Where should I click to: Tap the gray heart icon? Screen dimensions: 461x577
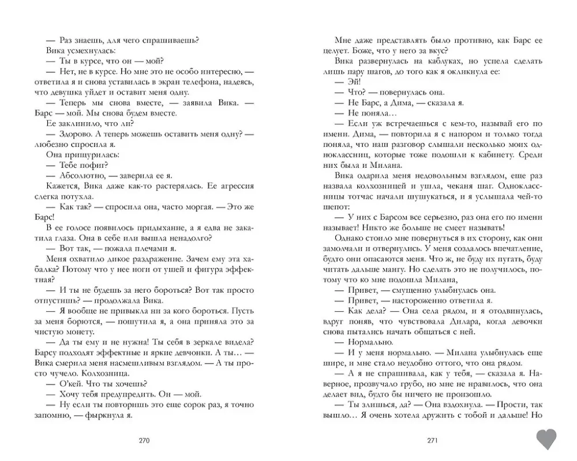click(547, 439)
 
